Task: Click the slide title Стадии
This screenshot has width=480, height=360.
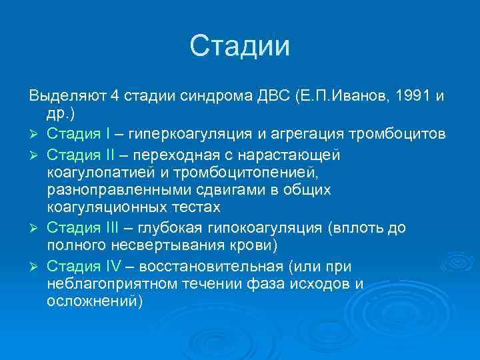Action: coord(240,47)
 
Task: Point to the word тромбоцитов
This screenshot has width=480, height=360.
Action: coord(398,135)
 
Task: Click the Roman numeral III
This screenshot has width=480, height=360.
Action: coord(111,229)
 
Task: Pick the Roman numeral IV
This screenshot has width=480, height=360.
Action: coord(112,267)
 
